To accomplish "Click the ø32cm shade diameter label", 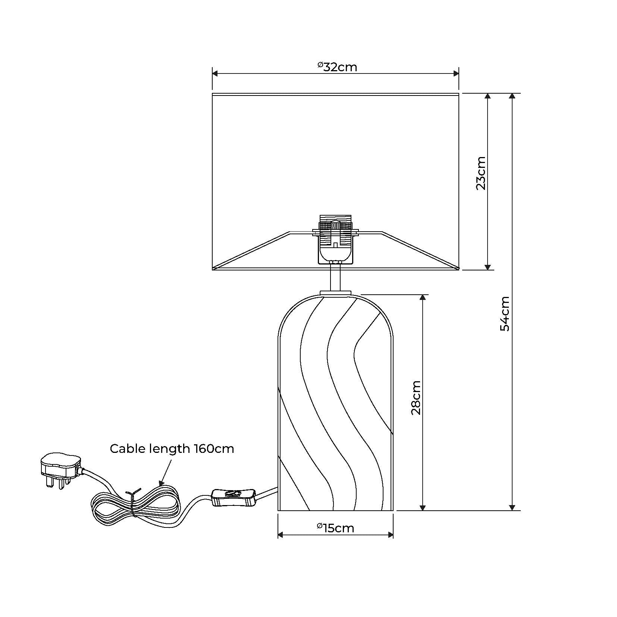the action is (x=337, y=67).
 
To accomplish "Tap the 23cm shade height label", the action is (x=481, y=173).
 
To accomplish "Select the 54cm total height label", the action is (x=505, y=314).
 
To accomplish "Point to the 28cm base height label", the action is (x=416, y=398).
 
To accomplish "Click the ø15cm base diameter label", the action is (x=335, y=528).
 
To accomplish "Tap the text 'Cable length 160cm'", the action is (x=172, y=448).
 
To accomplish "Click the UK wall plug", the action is (x=61, y=470).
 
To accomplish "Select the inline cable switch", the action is (x=233, y=498).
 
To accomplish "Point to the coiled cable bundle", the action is (x=136, y=505).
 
